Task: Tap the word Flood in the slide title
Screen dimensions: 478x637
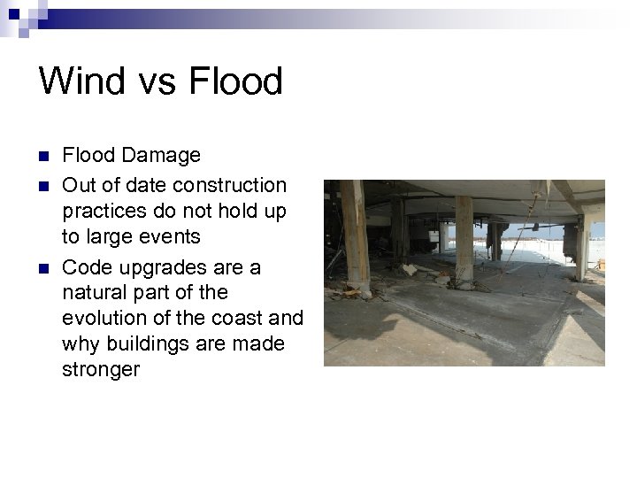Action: coord(235,81)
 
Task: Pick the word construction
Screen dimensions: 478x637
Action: coord(230,185)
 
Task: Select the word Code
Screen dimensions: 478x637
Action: coord(86,266)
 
